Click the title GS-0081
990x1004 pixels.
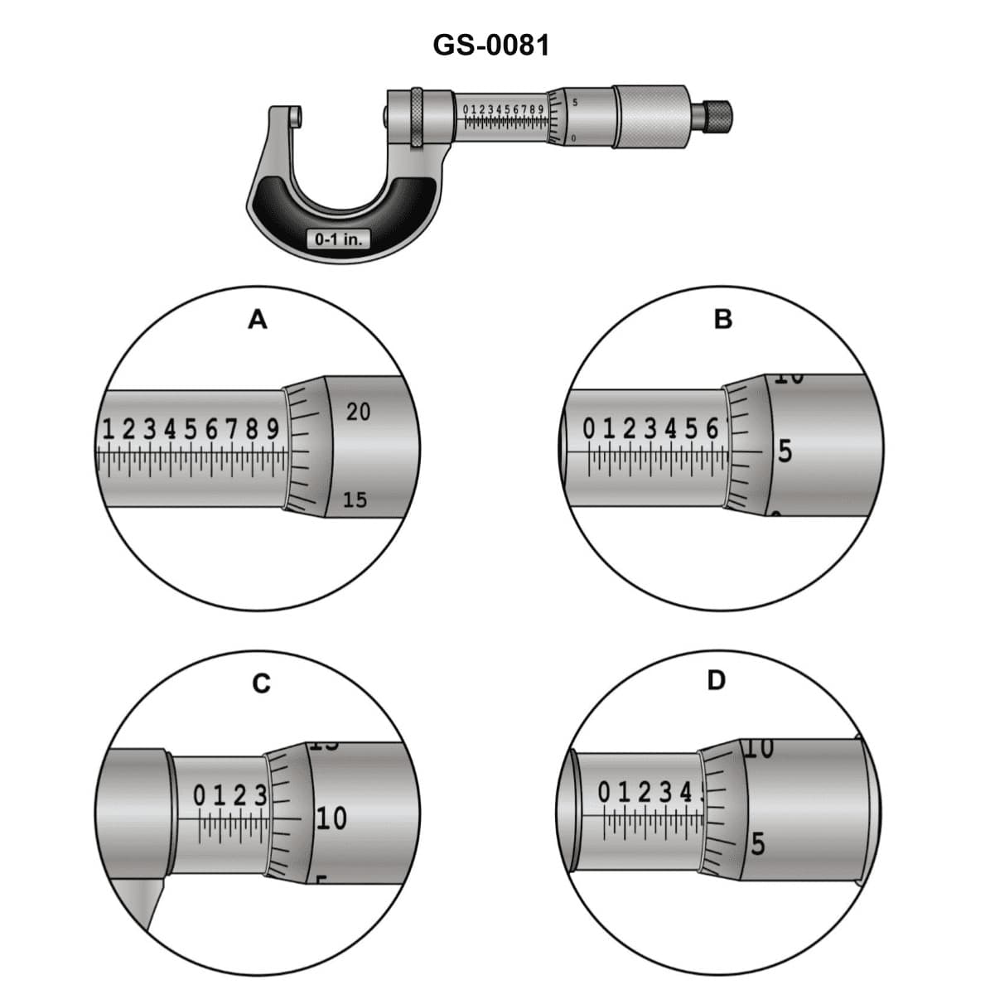pos(490,45)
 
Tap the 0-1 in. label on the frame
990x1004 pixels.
pos(338,239)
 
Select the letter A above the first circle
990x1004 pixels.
pos(258,319)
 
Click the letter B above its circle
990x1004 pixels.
pos(722,319)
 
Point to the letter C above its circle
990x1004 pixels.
pos(261,683)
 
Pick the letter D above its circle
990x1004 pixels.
pos(717,681)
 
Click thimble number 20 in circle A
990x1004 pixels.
pos(358,412)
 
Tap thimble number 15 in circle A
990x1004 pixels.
pos(355,500)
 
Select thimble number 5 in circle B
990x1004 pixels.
pos(785,452)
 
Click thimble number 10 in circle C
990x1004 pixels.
pos(331,819)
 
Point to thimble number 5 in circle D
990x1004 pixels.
pos(757,846)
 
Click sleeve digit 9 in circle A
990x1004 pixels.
pos(273,430)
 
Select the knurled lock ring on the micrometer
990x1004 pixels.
pos(414,118)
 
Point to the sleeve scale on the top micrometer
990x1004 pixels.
pos(503,116)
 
